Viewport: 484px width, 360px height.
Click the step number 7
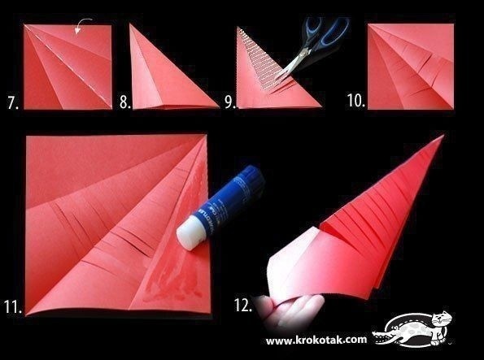pyautogui.click(x=13, y=103)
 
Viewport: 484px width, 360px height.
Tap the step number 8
pyautogui.click(x=125, y=102)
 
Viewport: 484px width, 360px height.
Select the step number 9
pyautogui.click(x=230, y=102)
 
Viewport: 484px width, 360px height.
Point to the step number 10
pyautogui.click(x=356, y=101)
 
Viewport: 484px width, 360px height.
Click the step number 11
pyautogui.click(x=13, y=306)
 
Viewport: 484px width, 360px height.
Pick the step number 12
pyautogui.click(x=243, y=306)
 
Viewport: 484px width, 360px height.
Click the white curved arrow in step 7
pyautogui.click(x=83, y=24)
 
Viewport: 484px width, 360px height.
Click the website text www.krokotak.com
pyautogui.click(x=316, y=340)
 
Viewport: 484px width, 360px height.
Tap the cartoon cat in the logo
pyautogui.click(x=440, y=327)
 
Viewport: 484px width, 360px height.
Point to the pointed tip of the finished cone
pyautogui.click(x=443, y=135)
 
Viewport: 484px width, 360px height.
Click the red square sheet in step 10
pyautogui.click(x=411, y=67)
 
